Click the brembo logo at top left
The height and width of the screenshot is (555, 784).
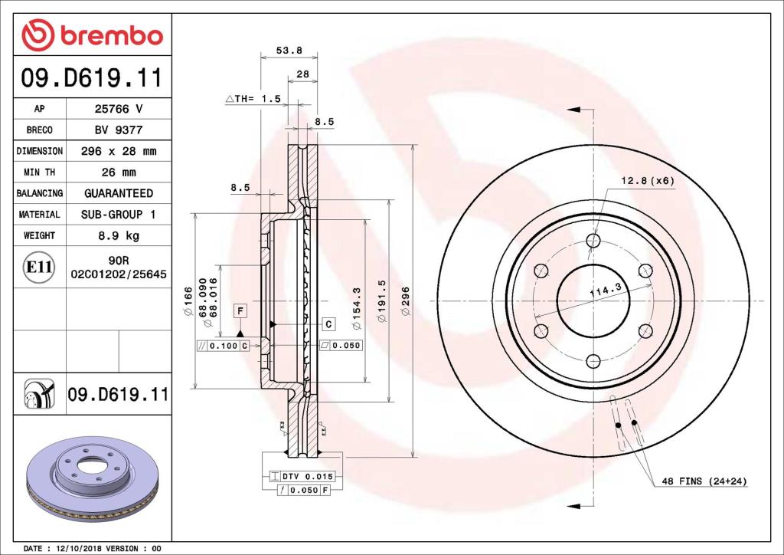pyautogui.click(x=92, y=36)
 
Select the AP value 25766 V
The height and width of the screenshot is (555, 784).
pyautogui.click(x=118, y=109)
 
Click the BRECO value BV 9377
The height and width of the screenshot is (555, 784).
pyautogui.click(x=118, y=130)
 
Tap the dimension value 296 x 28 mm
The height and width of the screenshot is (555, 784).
pyautogui.click(x=118, y=151)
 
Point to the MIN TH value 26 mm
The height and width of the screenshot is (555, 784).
pyautogui.click(x=118, y=172)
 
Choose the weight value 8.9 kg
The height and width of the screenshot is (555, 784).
pyautogui.click(x=118, y=235)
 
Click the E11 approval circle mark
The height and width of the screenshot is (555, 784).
pyautogui.click(x=38, y=268)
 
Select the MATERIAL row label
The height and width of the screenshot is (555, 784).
pyautogui.click(x=39, y=215)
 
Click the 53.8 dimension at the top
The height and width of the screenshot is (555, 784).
pyautogui.click(x=289, y=51)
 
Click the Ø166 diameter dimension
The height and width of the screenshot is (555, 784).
pyautogui.click(x=187, y=300)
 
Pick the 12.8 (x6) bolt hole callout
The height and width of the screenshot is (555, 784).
pyautogui.click(x=647, y=180)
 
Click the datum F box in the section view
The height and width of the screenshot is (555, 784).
pyautogui.click(x=240, y=310)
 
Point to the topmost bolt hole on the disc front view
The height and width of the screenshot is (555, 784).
pyautogui.click(x=593, y=241)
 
